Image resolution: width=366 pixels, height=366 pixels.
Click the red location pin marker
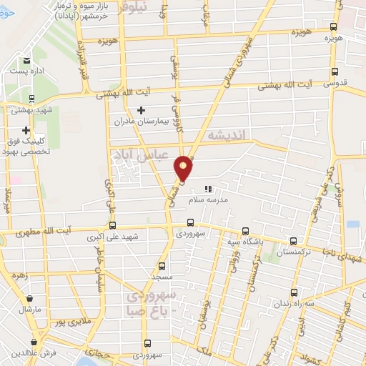click(184, 168)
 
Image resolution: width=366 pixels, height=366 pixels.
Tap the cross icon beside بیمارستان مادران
click(141, 110)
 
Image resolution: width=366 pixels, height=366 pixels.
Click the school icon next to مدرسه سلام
click(208, 189)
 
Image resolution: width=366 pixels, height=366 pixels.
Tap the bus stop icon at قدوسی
click(335, 71)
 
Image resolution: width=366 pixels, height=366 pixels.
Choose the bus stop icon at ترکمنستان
click(292, 242)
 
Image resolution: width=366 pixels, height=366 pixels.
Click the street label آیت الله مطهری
click(64, 229)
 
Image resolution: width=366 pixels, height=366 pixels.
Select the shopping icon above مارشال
click(29, 300)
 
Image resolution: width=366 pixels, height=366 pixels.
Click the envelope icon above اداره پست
click(26, 61)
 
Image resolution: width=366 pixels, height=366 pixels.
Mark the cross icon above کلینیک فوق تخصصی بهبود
click(26, 131)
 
